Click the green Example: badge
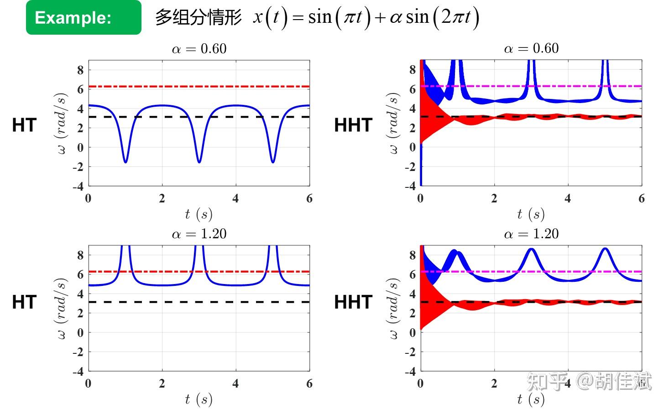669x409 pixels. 84,17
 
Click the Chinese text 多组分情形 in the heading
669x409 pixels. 198,17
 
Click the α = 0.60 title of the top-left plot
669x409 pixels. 199,49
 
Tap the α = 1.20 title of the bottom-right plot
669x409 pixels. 531,234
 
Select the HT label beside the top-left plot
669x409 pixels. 24,125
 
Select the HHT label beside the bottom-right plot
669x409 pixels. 353,302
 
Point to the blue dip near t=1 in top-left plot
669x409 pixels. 125,160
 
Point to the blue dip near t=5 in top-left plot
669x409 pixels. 273,160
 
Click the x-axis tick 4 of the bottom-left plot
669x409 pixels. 235,383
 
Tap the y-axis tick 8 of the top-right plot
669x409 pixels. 413,70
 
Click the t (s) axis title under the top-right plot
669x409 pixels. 531,214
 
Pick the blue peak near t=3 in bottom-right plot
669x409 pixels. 531,250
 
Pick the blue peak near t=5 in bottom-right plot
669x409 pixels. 605,249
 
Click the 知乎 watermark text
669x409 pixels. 548,381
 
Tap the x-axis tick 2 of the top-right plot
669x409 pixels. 494,198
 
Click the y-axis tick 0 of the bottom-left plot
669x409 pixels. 80,332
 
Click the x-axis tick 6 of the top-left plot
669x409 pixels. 309,198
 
